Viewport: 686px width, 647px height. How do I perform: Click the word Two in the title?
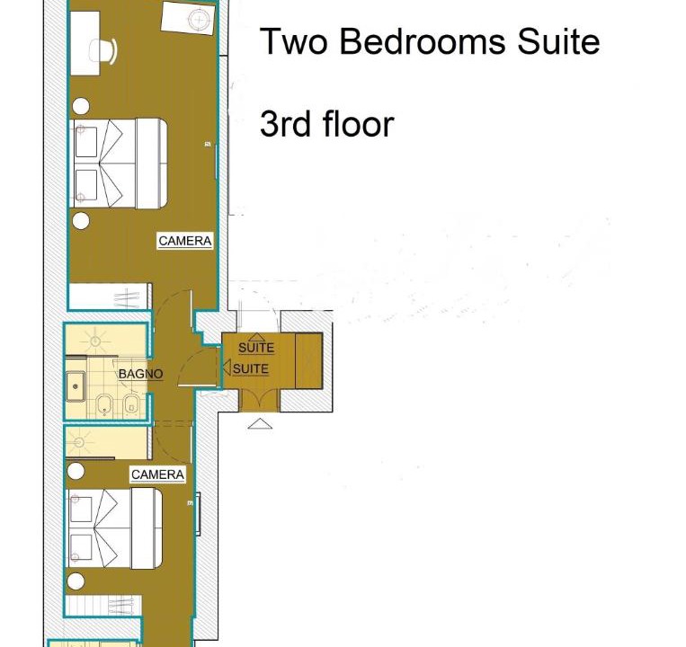coord(294,42)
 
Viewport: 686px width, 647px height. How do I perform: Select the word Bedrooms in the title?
coord(422,41)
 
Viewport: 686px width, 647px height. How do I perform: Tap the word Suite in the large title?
coord(558,41)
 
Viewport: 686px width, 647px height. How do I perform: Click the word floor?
coord(359,124)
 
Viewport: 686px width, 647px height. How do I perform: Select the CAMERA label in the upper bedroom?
coord(185,241)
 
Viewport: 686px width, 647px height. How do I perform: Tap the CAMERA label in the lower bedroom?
coord(157,474)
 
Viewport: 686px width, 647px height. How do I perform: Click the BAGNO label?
coord(140,374)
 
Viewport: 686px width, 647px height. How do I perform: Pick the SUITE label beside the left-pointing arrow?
coord(250,369)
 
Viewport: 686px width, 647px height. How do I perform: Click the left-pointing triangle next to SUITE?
coord(227,368)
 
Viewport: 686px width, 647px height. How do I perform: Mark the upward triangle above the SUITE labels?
coord(256,337)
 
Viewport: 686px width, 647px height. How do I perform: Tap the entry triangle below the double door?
coord(260,424)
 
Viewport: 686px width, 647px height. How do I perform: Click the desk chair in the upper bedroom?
coord(103,51)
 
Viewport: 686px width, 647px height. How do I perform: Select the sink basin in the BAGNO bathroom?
coord(76,386)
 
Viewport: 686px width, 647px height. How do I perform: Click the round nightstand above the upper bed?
coord(81,106)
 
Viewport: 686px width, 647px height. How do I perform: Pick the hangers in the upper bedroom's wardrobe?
coord(126,298)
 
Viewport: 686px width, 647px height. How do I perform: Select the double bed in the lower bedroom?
coord(113,528)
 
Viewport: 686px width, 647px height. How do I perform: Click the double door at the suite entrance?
coord(259,400)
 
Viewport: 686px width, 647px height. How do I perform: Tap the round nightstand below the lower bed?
coord(76,581)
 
